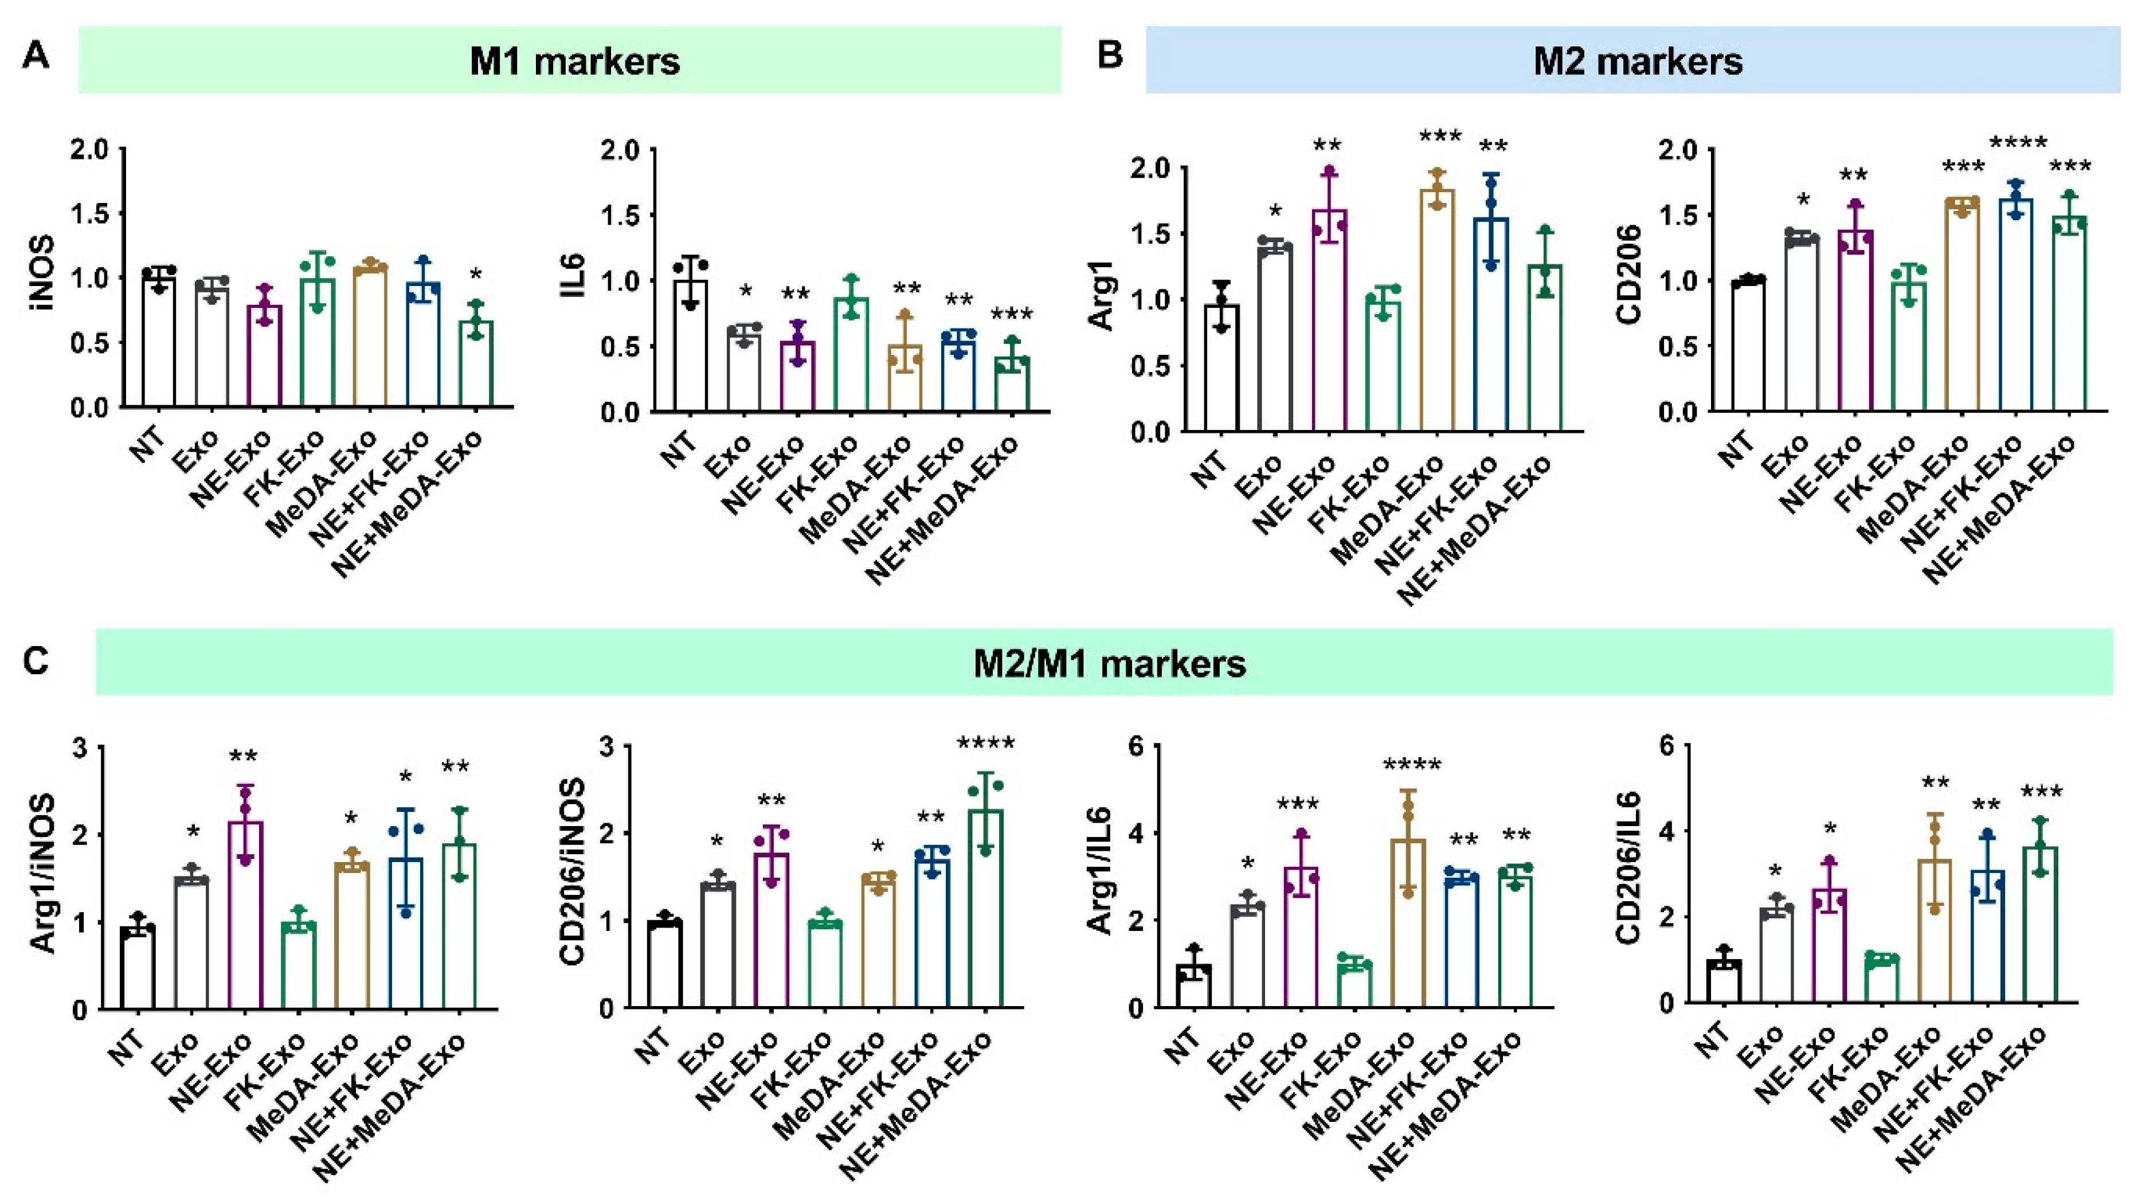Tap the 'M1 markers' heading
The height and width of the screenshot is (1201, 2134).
click(x=574, y=62)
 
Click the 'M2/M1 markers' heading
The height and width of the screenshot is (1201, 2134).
click(x=1109, y=663)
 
